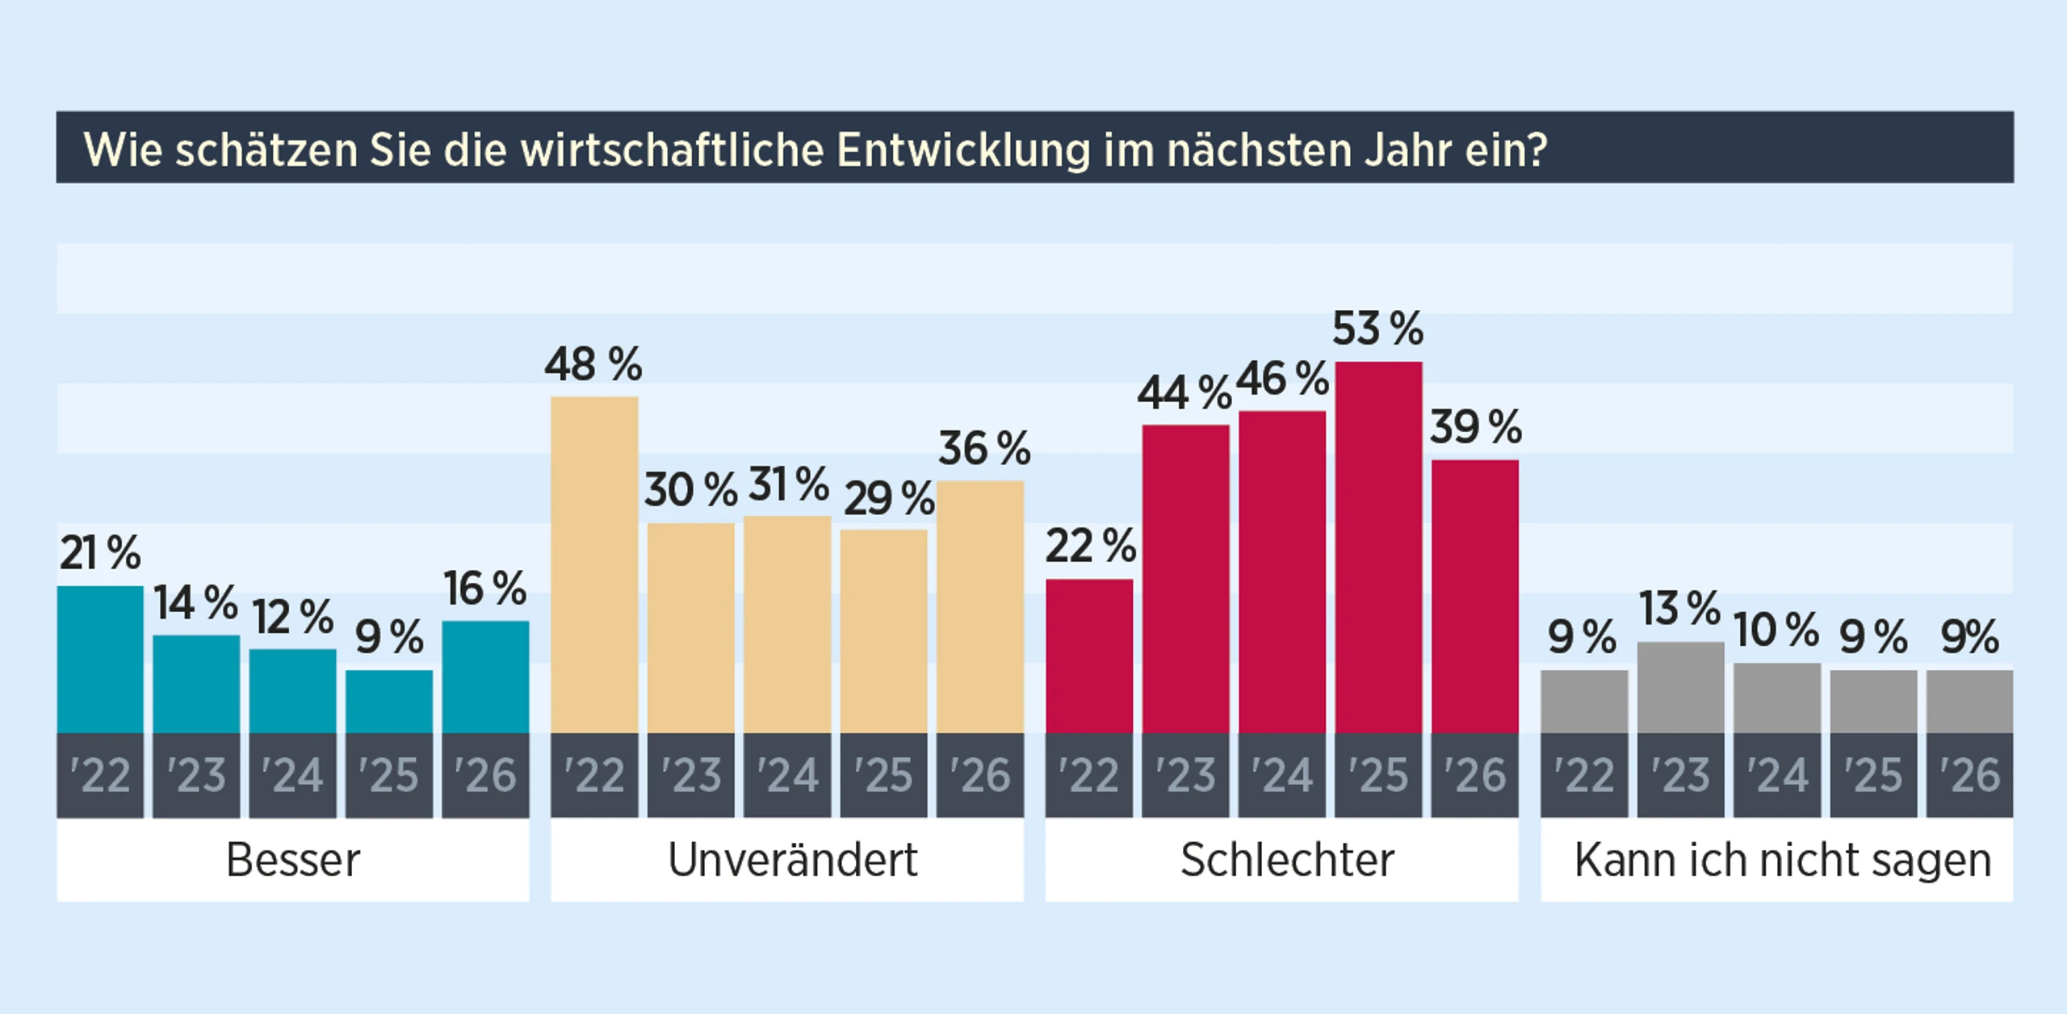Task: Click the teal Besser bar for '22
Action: [100, 660]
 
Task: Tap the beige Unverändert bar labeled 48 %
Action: [594, 565]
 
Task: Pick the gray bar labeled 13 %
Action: [1680, 688]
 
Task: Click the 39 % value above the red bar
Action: [1475, 427]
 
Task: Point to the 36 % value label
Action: [983, 448]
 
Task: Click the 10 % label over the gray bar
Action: [1776, 630]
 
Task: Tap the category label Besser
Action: [292, 860]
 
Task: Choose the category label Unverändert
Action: [792, 860]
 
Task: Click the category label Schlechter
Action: [1287, 860]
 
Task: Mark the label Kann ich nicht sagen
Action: [1782, 860]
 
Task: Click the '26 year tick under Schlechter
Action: [1475, 775]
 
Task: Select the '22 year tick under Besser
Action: [100, 775]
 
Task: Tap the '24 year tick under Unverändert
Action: [787, 775]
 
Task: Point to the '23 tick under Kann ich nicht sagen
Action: [1680, 775]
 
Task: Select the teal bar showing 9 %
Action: [389, 702]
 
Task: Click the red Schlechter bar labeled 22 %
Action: [1088, 656]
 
